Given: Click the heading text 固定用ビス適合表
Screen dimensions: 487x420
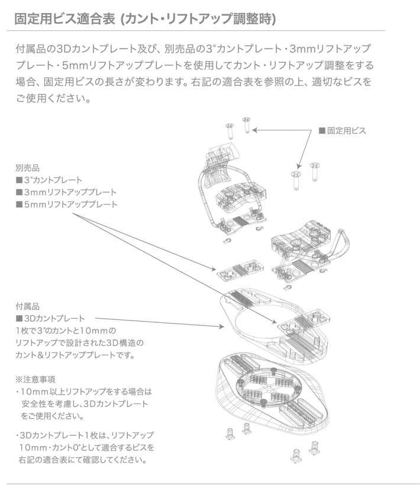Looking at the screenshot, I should point(64,18).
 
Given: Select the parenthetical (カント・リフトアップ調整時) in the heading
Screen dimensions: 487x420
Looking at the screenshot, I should point(197,18).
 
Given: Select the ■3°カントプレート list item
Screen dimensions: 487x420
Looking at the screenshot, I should point(49,180).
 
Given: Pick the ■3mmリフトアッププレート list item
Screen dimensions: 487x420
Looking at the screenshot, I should point(66,193).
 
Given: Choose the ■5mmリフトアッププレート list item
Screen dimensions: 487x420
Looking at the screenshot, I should point(66,204).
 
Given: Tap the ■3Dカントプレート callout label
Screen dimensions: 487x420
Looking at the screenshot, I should point(51,318).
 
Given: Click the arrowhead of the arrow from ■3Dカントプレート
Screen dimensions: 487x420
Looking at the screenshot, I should point(221,326).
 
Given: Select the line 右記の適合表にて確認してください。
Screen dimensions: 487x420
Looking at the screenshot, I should point(82,460).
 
